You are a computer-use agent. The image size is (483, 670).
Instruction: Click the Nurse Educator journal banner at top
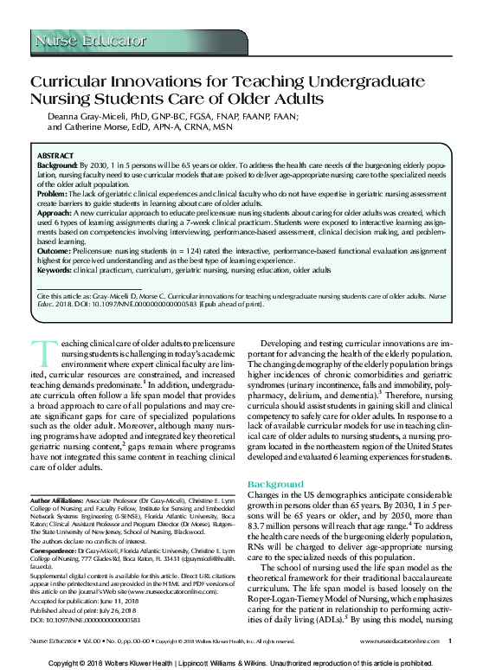click(90, 40)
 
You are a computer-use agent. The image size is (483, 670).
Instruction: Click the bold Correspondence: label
click(55, 550)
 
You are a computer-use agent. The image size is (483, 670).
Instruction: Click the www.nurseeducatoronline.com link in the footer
click(399, 641)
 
